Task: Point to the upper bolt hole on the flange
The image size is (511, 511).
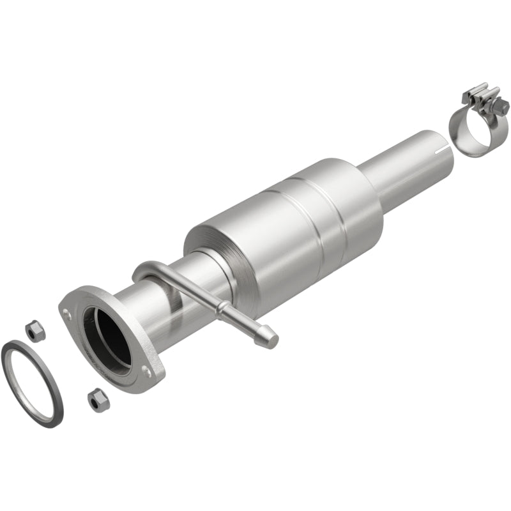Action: point(66,311)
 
